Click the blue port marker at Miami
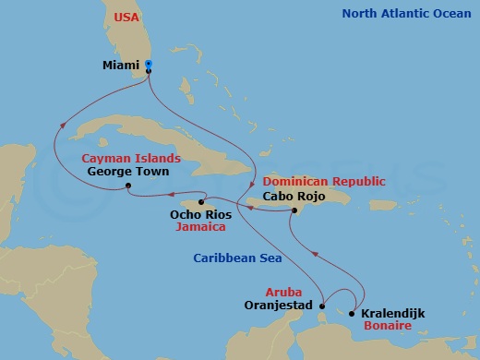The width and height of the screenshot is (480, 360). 150,65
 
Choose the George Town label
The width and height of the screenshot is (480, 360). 126,171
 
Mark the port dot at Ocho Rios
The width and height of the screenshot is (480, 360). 201,201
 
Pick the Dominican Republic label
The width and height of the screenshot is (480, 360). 323,182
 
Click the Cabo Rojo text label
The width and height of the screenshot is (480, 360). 294,196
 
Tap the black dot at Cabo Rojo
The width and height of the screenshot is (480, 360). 294,211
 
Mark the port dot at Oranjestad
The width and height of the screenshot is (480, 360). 321,304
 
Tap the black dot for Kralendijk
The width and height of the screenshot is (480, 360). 352,313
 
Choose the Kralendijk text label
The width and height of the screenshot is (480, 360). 393,313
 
